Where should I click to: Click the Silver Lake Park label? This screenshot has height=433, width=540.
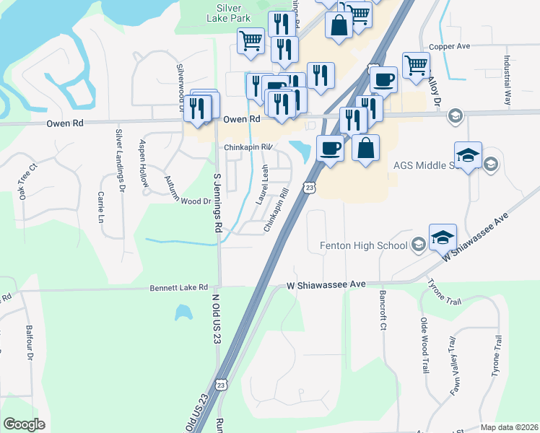[x=229, y=13]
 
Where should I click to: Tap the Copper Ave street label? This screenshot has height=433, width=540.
[x=449, y=46]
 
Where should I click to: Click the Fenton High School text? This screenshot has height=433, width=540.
[x=364, y=246]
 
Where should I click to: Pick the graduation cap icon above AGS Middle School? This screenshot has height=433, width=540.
[x=468, y=155]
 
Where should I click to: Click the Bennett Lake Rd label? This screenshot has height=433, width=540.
[x=178, y=287]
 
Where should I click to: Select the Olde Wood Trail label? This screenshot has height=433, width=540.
[x=424, y=344]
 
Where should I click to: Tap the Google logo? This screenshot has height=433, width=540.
[x=25, y=424]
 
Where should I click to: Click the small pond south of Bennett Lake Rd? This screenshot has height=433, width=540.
[x=183, y=312]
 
